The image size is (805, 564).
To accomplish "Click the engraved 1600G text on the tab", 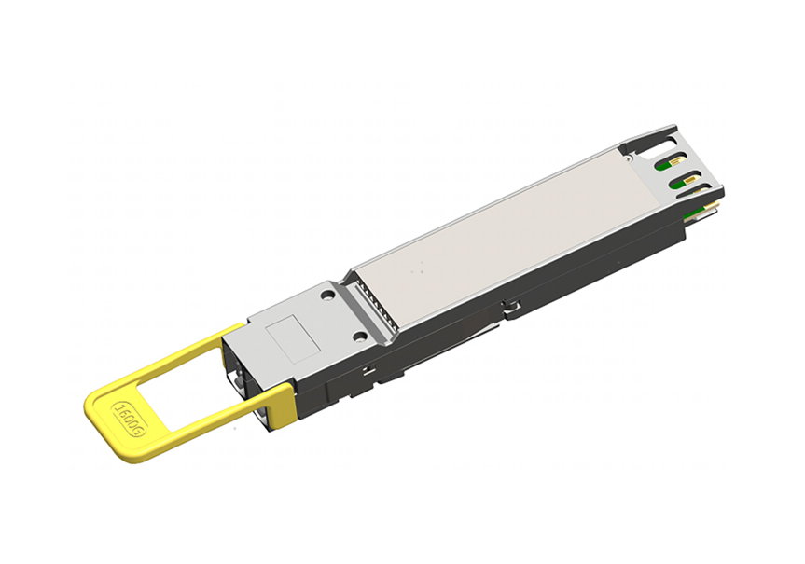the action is click(130, 419).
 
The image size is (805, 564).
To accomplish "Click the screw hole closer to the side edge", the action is click(361, 337).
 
